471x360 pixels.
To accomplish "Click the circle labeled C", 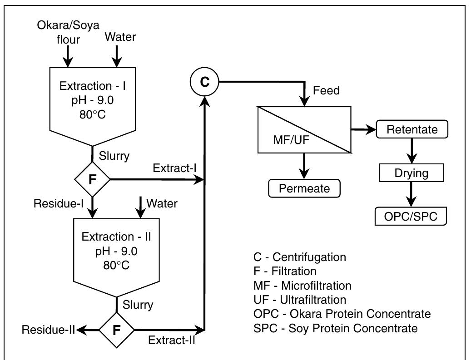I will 205,82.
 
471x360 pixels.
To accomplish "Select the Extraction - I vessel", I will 93,103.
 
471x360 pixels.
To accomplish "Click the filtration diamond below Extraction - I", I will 93,179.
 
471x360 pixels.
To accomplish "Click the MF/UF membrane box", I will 304,129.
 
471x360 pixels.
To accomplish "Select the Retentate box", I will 412,129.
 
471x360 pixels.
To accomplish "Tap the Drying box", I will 412,173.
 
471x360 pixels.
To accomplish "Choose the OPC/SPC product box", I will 412,216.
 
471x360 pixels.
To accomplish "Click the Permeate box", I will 304,188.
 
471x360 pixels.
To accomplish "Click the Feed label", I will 326,91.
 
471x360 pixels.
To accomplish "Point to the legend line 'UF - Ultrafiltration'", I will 299,300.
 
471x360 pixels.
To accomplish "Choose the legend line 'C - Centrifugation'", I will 299,257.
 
